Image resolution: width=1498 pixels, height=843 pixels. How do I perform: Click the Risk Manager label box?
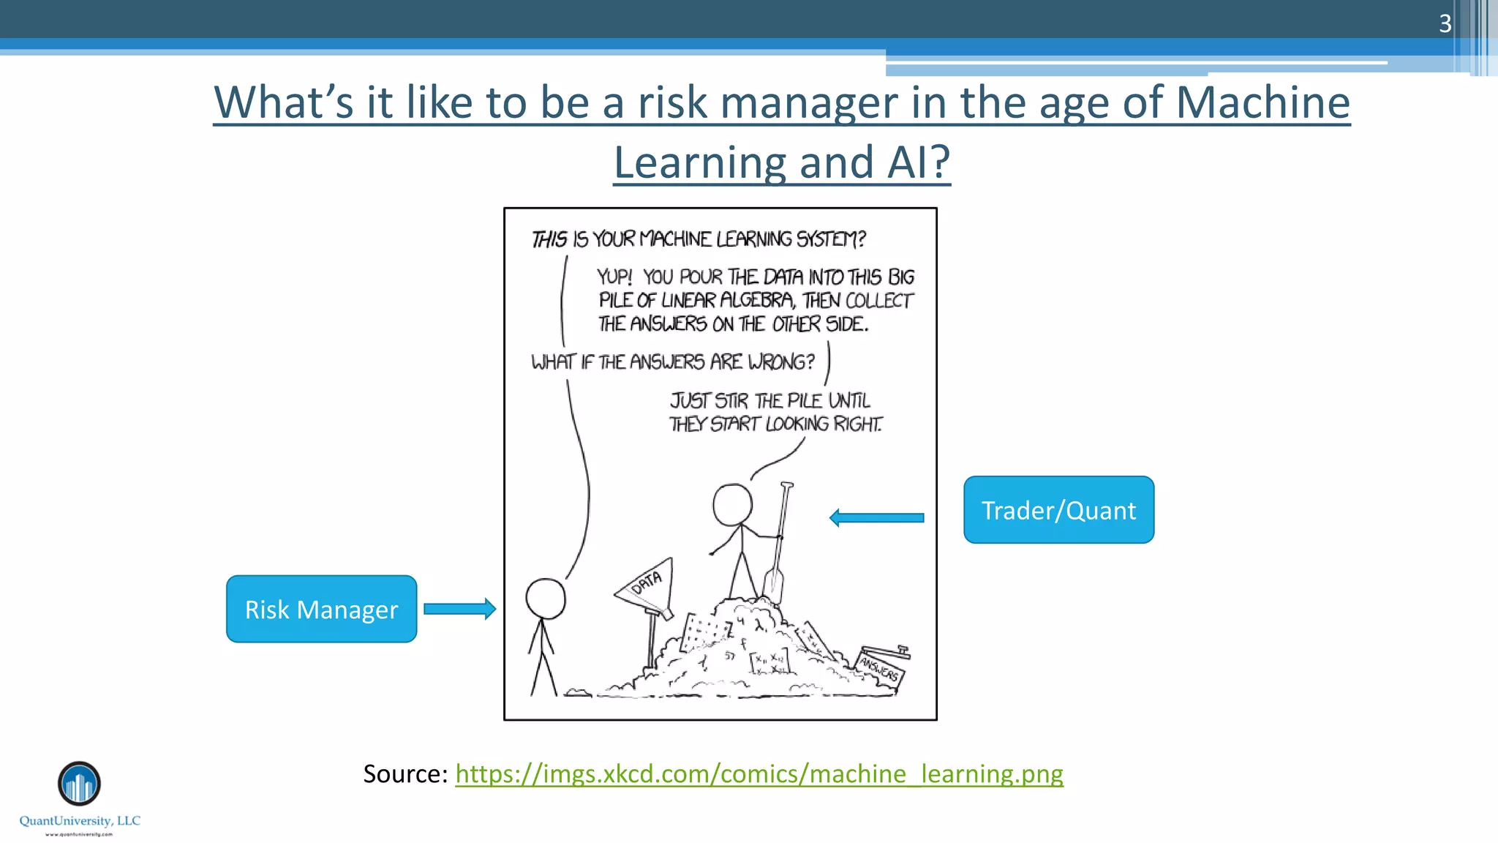[321, 609]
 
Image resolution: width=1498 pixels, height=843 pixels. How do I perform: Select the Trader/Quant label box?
[1058, 510]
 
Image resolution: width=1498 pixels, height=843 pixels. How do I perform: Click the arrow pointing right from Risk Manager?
[459, 609]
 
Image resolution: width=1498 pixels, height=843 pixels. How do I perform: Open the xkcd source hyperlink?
[759, 773]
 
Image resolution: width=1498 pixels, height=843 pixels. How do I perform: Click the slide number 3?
[1445, 23]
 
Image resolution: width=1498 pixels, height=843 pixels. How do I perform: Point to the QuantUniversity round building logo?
[79, 783]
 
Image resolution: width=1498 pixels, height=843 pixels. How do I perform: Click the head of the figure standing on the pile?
[732, 504]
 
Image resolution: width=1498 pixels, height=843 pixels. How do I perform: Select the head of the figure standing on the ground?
[546, 599]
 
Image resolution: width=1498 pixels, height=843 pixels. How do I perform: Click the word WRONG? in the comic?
[780, 362]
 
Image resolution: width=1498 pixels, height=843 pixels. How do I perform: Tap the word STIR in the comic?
[731, 401]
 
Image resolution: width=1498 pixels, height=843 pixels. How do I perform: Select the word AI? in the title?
[918, 162]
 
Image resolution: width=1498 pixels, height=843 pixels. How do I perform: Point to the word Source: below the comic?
[405, 773]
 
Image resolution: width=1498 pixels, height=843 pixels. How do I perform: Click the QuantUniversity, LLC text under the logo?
[80, 821]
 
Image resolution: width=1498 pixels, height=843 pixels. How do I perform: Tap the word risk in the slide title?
[672, 102]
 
